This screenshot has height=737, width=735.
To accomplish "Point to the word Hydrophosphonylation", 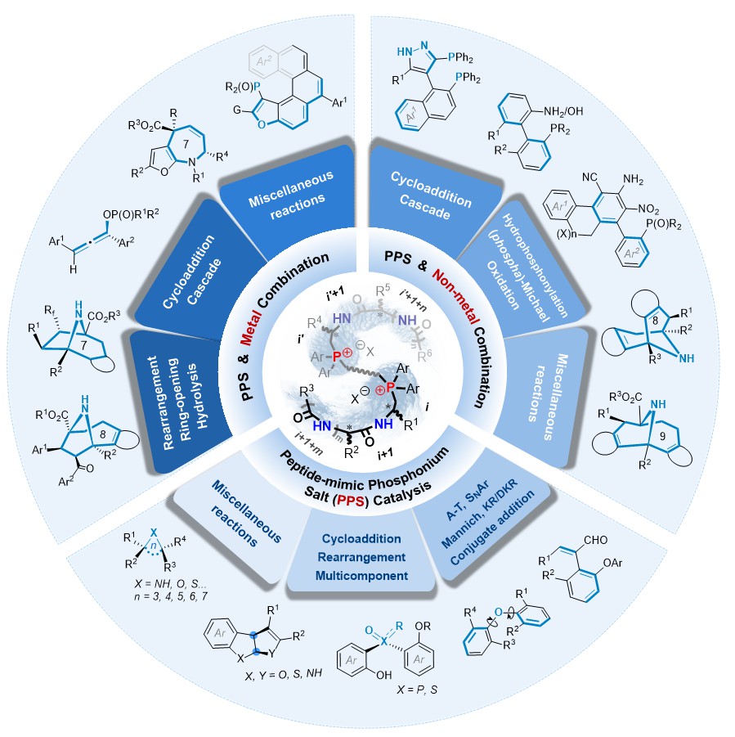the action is [535, 266].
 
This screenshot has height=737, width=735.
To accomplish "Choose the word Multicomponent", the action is [361, 576].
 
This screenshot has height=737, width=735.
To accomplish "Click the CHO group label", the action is [595, 540].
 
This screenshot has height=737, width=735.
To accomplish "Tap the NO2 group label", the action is [648, 209].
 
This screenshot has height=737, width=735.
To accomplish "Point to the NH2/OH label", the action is [563, 111].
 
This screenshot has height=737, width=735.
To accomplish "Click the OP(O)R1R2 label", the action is [131, 213].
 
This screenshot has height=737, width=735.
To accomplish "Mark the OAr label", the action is [612, 563].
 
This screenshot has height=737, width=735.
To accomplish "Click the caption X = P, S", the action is [417, 690].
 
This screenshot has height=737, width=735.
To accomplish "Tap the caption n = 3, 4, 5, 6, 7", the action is [171, 596].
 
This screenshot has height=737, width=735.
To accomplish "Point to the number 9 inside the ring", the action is [662, 436].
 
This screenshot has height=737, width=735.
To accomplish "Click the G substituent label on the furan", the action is [237, 110].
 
